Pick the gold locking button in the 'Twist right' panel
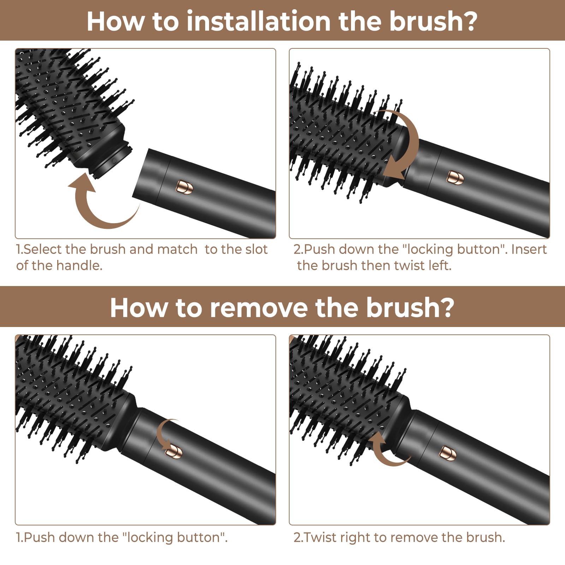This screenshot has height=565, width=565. (447, 453)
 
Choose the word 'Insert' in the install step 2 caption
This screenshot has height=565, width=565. (529, 249)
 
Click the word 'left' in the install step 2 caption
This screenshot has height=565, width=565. (440, 266)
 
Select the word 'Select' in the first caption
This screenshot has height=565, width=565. (43, 249)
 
